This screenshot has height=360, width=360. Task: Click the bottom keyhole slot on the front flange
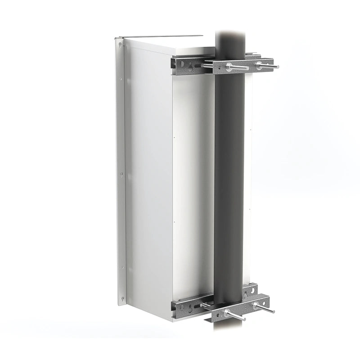click(121, 297)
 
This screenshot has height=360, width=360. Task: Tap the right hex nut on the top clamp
click(260, 65)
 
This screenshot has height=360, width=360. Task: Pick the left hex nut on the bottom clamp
click(226, 312)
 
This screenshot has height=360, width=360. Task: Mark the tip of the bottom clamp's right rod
click(273, 311)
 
